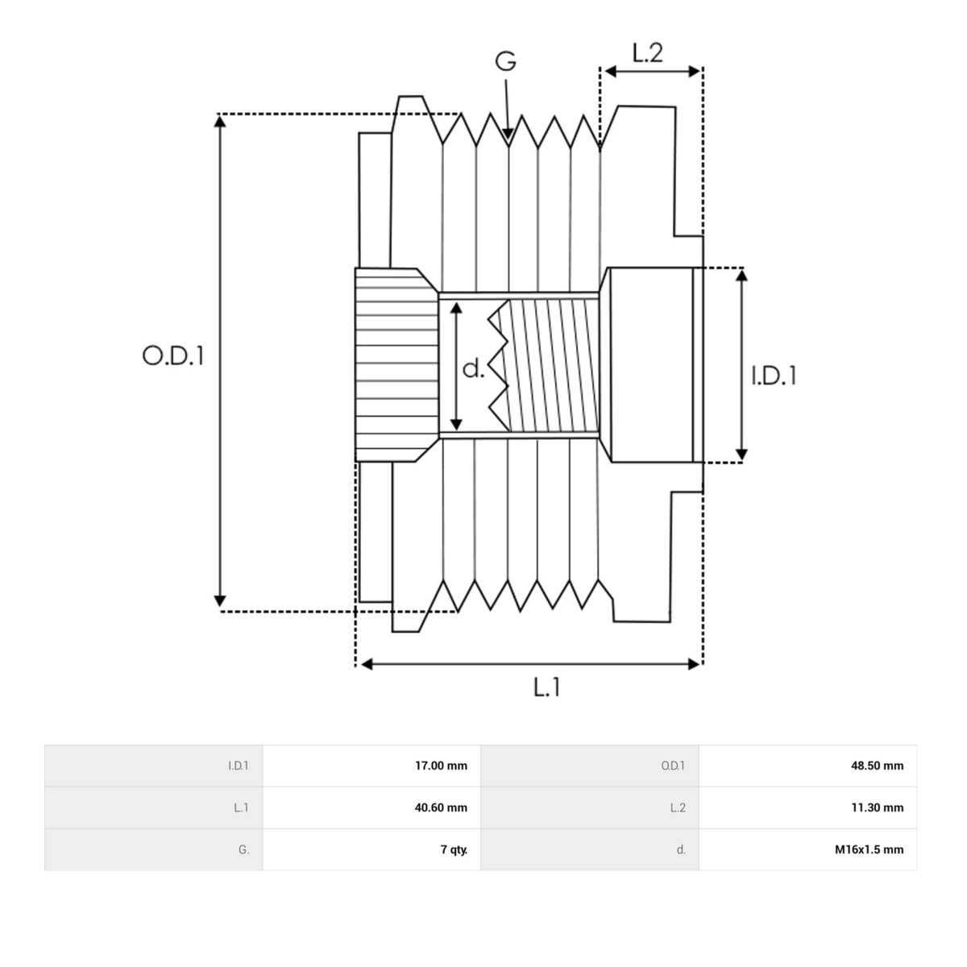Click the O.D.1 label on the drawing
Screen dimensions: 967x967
[173, 356]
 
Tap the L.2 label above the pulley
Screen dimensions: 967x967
[647, 52]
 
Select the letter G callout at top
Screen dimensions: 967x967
[505, 61]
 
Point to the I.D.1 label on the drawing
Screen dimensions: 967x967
[774, 376]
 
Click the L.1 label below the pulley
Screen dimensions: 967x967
[546, 687]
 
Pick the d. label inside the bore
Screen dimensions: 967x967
[473, 369]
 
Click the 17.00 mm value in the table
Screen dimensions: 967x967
[441, 766]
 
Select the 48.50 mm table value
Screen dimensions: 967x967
[878, 766]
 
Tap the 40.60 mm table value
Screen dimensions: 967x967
[441, 808]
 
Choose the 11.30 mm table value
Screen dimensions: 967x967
[878, 808]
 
